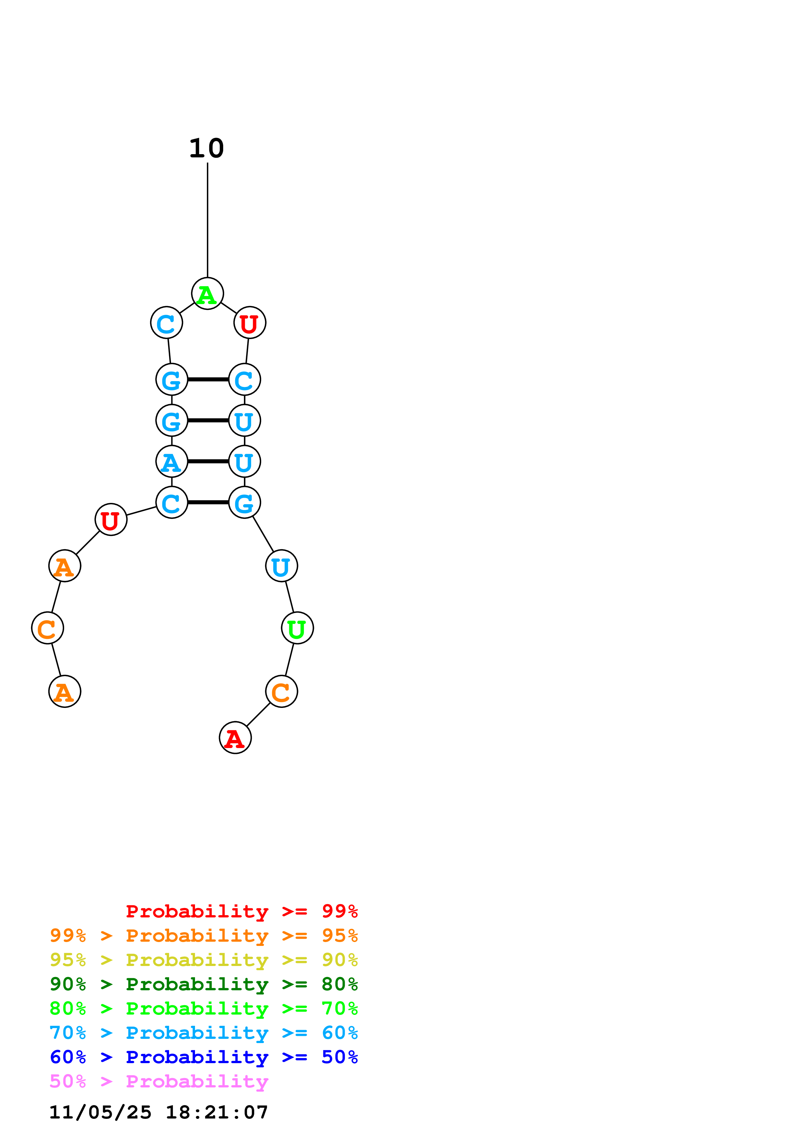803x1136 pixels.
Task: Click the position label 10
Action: pyautogui.click(x=206, y=148)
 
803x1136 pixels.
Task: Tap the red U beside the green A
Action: pyautogui.click(x=250, y=323)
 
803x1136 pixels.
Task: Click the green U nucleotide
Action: pyautogui.click(x=297, y=628)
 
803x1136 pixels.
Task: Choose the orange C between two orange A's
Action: pyautogui.click(x=48, y=628)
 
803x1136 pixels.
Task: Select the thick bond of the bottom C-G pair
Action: pyautogui.click(x=208, y=502)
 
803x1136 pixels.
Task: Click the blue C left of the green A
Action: pyautogui.click(x=167, y=323)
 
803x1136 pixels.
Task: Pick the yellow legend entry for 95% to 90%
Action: pyautogui.click(x=203, y=960)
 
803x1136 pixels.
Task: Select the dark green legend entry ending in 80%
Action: pyautogui.click(x=203, y=984)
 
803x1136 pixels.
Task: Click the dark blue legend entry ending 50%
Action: pyautogui.click(x=203, y=1057)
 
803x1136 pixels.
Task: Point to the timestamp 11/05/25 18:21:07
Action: pyautogui.click(x=158, y=1112)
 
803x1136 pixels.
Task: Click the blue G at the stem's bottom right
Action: pyautogui.click(x=245, y=502)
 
